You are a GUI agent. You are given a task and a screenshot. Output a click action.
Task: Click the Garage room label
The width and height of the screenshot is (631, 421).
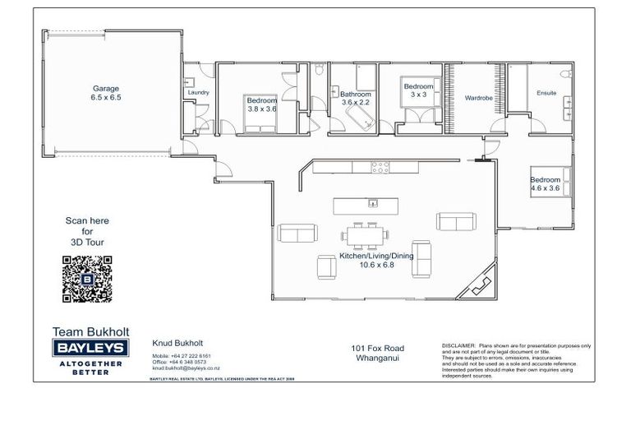[x=106, y=92]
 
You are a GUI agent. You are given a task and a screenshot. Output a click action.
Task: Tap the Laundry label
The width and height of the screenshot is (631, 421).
[x=198, y=93]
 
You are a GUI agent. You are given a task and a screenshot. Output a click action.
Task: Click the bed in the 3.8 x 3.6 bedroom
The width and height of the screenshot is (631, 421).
[x=261, y=125]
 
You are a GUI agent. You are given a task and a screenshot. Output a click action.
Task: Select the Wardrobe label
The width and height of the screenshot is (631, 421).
[x=477, y=98]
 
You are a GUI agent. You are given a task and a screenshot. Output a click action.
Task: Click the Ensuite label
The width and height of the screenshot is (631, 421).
[x=546, y=93]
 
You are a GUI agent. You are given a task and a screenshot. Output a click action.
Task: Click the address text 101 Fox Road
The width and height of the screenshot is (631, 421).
[x=376, y=348]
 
